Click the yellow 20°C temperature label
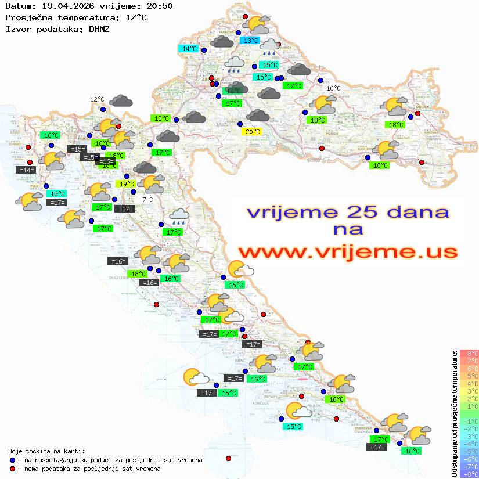[x=252, y=132]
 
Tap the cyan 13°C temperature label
[x=250, y=41]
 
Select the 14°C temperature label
[x=189, y=49]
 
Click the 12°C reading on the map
[x=97, y=99]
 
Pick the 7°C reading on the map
[x=147, y=200]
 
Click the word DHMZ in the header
[x=99, y=28]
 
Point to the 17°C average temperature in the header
[x=136, y=17]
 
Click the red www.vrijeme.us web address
[x=348, y=252]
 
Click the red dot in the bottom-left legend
[x=12, y=469]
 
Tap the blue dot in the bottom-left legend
[x=12, y=460]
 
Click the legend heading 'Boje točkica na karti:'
[x=46, y=451]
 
